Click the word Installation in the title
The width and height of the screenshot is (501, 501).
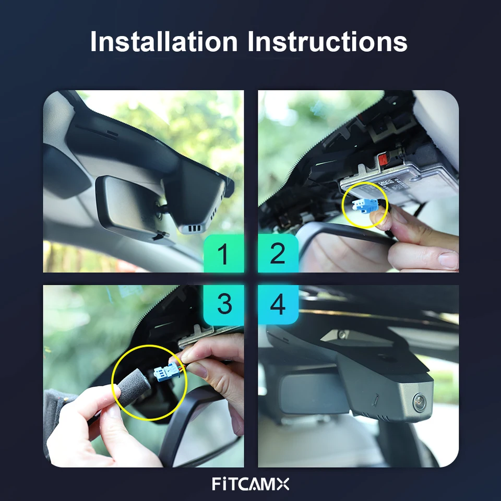coord(164,41)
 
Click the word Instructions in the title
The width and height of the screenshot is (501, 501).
coord(328,41)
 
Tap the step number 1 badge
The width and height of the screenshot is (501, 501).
coord(224,254)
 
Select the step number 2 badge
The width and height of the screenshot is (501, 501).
coord(278,254)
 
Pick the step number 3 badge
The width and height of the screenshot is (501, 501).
coord(224,304)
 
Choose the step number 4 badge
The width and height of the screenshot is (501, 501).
coord(278,304)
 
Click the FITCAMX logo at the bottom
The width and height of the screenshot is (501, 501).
coord(250,484)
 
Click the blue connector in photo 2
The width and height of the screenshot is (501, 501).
coord(365,205)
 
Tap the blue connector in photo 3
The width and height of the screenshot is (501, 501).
coord(166,372)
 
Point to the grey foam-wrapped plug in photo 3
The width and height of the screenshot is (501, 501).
coord(134,387)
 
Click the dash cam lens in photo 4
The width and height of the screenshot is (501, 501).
coord(419,401)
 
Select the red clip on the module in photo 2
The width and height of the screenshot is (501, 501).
coord(383,159)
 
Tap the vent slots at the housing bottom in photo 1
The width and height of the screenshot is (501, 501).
coord(195,229)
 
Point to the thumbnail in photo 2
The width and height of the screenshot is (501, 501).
coord(447,259)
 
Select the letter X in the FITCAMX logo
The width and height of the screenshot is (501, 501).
coord(282,484)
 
